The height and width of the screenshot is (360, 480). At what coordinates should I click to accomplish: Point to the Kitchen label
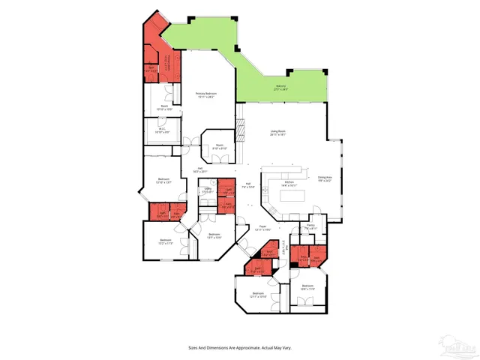point(289,182)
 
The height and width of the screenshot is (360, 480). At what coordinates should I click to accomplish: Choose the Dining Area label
point(324,178)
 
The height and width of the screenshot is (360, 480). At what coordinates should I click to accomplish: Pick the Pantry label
point(310,226)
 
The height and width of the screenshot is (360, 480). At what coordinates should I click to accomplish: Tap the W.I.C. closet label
point(161,130)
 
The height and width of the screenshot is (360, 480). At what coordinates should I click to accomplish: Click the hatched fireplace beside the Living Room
point(241,128)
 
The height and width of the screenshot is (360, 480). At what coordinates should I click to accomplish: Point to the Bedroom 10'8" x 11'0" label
point(307,287)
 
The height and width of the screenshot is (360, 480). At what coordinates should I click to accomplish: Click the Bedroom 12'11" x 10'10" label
point(258,294)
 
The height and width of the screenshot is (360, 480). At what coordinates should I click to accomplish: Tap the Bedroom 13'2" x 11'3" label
point(166,241)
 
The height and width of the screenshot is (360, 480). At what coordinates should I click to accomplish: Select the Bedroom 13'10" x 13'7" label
point(164,181)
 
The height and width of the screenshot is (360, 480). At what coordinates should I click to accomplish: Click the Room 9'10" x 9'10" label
point(220,147)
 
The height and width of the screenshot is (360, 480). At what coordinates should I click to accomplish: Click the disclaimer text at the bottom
point(240,347)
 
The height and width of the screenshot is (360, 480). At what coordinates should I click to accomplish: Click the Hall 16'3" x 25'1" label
point(200,169)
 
